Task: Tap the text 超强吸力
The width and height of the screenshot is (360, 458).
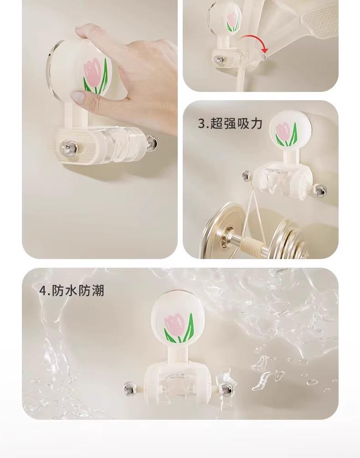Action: [237, 123]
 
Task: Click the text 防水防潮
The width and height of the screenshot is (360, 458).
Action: [78, 290]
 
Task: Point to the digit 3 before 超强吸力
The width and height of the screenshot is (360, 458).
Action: [202, 123]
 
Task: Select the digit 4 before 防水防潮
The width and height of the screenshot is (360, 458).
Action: [43, 291]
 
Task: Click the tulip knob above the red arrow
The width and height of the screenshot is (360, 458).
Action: [226, 17]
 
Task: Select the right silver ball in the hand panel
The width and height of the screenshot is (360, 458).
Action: [151, 143]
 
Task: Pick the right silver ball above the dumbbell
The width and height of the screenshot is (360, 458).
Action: [319, 191]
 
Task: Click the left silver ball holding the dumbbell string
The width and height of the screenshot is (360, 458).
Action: [247, 176]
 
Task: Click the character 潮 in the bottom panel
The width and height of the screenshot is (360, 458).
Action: [98, 290]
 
